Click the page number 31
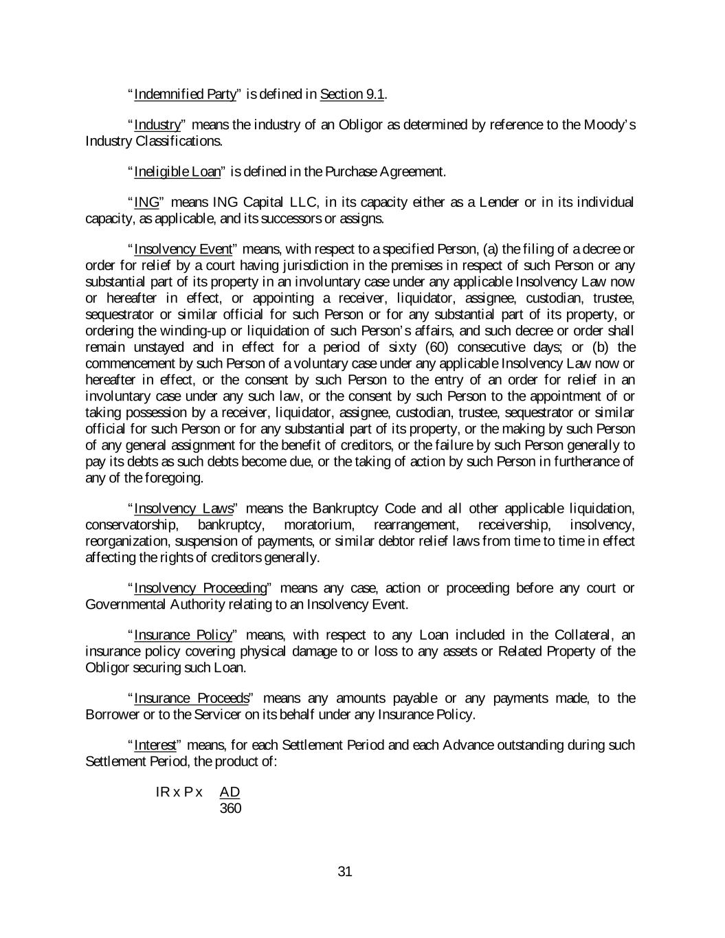coord(345,872)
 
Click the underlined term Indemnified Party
coord(185,94)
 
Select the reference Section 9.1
coord(352,94)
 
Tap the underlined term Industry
coord(157,125)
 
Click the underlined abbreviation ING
coord(146,203)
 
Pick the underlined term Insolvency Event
coord(183,249)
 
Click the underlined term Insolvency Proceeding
coord(200,588)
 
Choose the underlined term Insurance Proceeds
coord(191,699)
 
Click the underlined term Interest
coord(155,746)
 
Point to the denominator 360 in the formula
coord(230,809)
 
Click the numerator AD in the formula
coord(230,792)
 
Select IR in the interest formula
coord(163,792)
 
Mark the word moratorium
coord(317,526)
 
